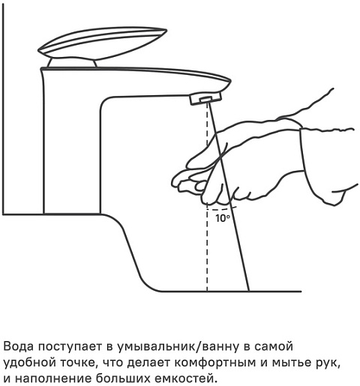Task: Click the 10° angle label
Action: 223,218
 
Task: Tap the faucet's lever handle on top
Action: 103,43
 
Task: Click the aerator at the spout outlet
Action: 205,98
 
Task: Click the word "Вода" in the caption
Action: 18,346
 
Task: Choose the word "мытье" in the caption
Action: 289,363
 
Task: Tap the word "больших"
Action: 123,378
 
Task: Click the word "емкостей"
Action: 185,378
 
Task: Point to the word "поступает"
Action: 70,347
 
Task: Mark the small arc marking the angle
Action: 222,208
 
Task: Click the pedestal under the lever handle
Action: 72,63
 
